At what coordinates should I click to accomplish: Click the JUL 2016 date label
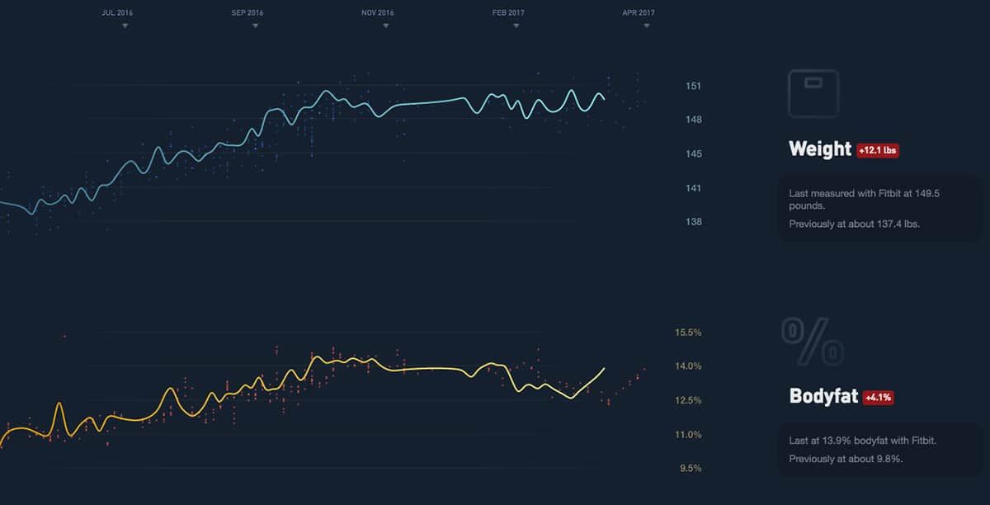[x=116, y=13]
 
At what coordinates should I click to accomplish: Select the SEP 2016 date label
[x=247, y=13]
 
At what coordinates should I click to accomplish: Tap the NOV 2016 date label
[x=378, y=13]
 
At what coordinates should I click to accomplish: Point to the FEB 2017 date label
[x=508, y=13]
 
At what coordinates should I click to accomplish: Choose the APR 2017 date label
[x=639, y=13]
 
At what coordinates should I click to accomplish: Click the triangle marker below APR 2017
[x=647, y=26]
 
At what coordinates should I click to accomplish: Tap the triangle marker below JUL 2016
[x=125, y=26]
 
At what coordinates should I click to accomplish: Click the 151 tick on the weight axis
[x=693, y=86]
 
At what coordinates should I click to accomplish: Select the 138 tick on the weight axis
[x=693, y=222]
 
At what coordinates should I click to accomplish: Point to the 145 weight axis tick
[x=693, y=154]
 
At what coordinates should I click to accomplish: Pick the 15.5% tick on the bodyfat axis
[x=688, y=333]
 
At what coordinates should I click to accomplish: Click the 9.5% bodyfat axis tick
[x=691, y=469]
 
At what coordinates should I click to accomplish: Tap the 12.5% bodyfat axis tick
[x=688, y=401]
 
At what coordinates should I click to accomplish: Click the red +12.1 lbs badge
[x=878, y=151]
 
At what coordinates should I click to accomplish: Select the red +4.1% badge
[x=878, y=398]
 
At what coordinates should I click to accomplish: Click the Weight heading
[x=820, y=149]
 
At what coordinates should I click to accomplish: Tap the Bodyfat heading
[x=823, y=396]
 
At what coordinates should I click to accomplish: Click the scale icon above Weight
[x=813, y=92]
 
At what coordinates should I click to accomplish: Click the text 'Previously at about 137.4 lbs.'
[x=854, y=224]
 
